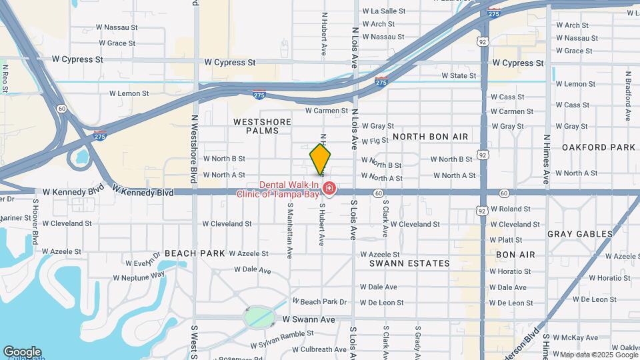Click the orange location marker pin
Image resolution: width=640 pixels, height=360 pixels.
[x=320, y=158]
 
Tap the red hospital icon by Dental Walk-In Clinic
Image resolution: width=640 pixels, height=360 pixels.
[x=328, y=190]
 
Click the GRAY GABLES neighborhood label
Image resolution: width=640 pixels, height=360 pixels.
[x=580, y=234]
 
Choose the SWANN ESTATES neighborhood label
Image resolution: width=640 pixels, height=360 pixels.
[x=410, y=263]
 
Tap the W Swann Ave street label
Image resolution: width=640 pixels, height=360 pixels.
[x=308, y=320]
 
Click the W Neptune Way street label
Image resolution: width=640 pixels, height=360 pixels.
[x=139, y=276]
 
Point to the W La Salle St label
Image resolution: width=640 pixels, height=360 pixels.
[x=383, y=11]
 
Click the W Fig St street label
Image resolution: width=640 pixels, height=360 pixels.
[x=375, y=141]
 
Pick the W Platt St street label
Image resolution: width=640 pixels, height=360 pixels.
[x=506, y=239]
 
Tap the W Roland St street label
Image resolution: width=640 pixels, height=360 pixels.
[x=510, y=209]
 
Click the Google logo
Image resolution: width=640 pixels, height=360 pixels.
[x=22, y=352]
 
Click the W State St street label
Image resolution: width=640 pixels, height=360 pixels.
[x=459, y=76]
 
